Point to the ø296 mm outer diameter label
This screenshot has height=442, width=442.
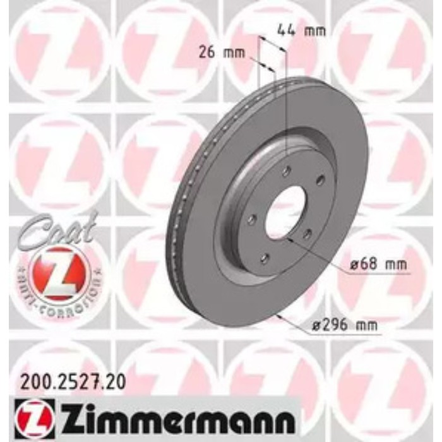(343, 326)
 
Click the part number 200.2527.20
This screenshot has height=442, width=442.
(69, 381)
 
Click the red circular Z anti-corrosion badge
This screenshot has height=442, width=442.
(52, 272)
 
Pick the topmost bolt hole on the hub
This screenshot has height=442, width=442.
(286, 170)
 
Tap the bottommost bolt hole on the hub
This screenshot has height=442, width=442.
(265, 257)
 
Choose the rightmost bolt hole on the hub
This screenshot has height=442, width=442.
(320, 180)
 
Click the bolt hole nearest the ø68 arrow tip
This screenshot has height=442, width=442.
(308, 235)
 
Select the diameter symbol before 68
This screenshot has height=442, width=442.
(353, 265)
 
